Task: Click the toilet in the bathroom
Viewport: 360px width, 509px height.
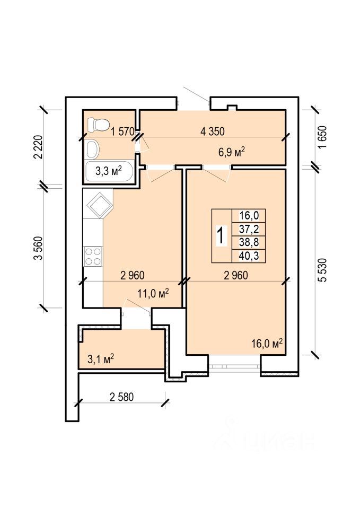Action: (98, 125)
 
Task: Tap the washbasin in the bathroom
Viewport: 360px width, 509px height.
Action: (93, 150)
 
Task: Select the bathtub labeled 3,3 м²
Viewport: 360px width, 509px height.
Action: (109, 172)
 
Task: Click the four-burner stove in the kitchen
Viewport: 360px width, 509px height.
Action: (93, 257)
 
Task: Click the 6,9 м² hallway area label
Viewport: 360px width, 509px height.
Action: (231, 152)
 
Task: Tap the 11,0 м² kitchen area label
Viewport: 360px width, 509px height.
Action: (153, 293)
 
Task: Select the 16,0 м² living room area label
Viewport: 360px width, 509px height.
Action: (267, 344)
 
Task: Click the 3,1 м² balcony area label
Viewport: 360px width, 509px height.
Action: (101, 359)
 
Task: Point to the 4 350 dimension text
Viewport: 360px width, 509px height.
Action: (213, 131)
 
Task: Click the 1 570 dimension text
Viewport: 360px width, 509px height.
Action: (122, 131)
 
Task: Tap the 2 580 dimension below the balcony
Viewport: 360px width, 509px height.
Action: (122, 397)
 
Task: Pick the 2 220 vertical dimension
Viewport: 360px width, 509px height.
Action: (38, 147)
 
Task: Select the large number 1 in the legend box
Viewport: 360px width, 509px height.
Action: (221, 235)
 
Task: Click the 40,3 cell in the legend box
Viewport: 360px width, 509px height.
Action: (249, 256)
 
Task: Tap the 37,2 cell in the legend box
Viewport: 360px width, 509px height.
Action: (249, 230)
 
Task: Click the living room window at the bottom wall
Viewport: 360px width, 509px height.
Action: (234, 366)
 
